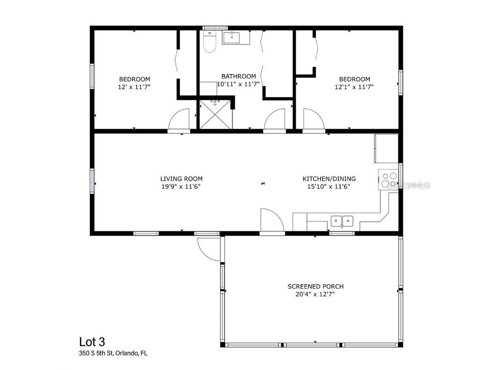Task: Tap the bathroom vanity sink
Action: pyautogui.click(x=235, y=37)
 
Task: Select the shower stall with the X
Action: pyautogui.click(x=216, y=114)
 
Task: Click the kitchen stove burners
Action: pyautogui.click(x=389, y=180)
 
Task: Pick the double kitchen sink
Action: pyautogui.click(x=342, y=221)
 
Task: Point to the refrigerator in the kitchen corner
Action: pyautogui.click(x=386, y=148)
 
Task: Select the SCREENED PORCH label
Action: pyautogui.click(x=316, y=286)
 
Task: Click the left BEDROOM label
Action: pyautogui.click(x=135, y=79)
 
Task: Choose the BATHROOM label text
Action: pyautogui.click(x=238, y=76)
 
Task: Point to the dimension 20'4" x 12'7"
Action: pyautogui.click(x=316, y=294)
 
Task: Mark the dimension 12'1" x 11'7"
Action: pyautogui.click(x=355, y=87)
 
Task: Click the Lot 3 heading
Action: pyautogui.click(x=92, y=342)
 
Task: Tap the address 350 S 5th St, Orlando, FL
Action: pyautogui.click(x=113, y=353)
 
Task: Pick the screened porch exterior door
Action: pyautogui.click(x=208, y=249)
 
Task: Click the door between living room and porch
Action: pyautogui.click(x=271, y=221)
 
